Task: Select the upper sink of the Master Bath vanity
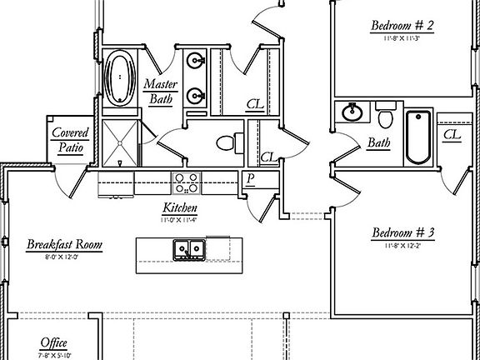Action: click(197, 60)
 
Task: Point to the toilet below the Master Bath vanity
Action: click(227, 142)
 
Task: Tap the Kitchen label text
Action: click(180, 207)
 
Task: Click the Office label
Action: click(54, 343)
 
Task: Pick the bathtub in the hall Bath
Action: click(417, 136)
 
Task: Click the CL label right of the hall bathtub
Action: click(452, 134)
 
